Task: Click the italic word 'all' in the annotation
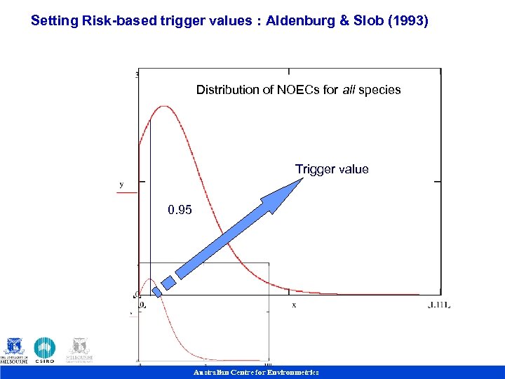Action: tap(349, 90)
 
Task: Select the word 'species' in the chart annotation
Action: tap(379, 90)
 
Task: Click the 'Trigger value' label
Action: tap(331, 169)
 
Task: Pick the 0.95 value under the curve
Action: tap(180, 210)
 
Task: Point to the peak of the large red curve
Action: tap(165, 107)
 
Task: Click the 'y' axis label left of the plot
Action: tap(121, 184)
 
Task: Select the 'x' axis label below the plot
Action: tap(294, 305)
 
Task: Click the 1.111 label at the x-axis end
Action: tap(439, 305)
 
